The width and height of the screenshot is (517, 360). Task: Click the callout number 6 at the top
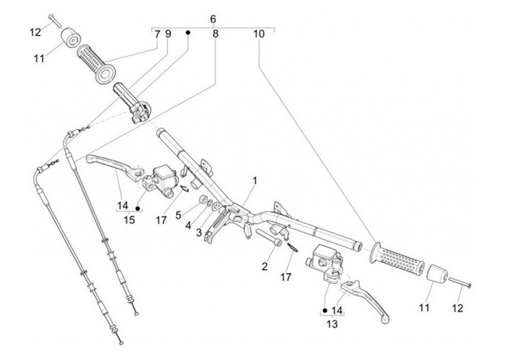[x=213, y=19]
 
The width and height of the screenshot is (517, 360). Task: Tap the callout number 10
[x=258, y=34]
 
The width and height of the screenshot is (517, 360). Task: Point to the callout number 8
[x=215, y=34]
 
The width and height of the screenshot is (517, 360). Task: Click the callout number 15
[x=129, y=219]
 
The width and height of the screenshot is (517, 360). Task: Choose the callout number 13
[x=332, y=324]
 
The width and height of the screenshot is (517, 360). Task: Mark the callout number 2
[x=264, y=266]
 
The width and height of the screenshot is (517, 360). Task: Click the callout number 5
[x=178, y=213]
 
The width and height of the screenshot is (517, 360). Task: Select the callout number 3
[x=199, y=232]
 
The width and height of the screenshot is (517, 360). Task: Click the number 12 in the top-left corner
[x=35, y=32]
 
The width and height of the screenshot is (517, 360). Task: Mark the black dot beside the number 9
[x=188, y=33]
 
